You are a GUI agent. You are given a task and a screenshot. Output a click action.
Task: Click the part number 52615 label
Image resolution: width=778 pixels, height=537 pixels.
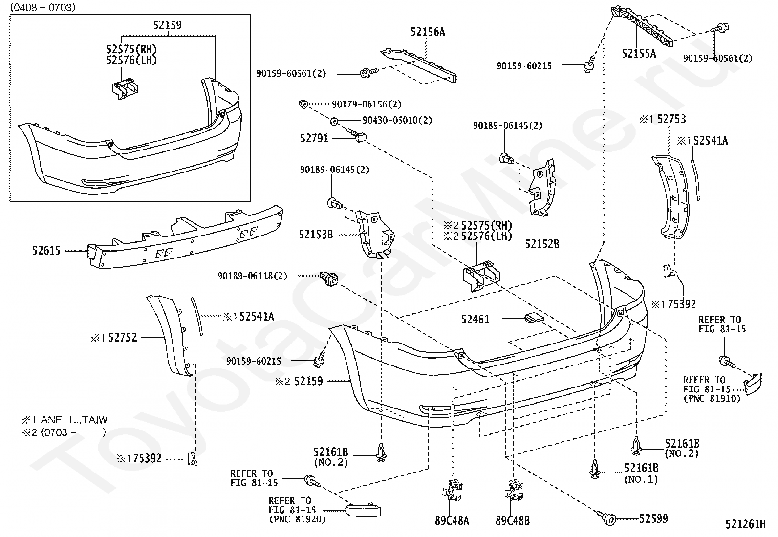point(46,251)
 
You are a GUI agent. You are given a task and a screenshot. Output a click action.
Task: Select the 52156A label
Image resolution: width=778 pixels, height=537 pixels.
point(428,32)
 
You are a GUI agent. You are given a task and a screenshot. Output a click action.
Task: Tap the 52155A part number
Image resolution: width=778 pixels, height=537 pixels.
point(639,53)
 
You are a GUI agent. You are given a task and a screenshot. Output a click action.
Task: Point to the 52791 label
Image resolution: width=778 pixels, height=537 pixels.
point(314,138)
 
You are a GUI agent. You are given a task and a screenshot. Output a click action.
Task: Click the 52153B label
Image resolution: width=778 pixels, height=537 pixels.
point(316,235)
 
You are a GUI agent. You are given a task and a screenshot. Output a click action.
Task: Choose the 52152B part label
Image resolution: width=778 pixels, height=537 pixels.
point(542,244)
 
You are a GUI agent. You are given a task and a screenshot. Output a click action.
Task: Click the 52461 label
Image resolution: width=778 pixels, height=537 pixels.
point(475,319)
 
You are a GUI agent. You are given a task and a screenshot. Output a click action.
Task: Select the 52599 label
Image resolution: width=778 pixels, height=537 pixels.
point(654,518)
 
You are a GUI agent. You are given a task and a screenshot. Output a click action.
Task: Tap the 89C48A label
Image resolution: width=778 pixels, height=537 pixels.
point(452,521)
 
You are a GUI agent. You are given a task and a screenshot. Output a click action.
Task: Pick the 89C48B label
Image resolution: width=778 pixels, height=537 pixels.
point(513,521)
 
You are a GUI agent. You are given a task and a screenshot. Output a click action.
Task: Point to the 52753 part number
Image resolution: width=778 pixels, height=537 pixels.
point(672,119)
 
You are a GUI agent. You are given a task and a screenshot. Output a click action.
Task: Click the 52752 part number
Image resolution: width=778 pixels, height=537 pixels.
point(123,337)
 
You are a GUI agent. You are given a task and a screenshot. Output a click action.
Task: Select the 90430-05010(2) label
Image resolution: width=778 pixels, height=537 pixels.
point(397,120)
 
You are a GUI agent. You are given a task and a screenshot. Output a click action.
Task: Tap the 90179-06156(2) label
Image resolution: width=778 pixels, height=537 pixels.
point(367,104)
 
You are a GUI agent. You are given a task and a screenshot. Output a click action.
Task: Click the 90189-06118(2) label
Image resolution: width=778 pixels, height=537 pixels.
point(253,276)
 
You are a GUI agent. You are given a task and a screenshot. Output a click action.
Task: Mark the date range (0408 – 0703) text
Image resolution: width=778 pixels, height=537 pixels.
point(43,7)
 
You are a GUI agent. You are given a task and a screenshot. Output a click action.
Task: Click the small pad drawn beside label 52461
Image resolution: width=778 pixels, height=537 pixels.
point(534,318)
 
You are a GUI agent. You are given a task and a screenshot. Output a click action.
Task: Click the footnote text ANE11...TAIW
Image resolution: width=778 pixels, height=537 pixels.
point(74,420)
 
